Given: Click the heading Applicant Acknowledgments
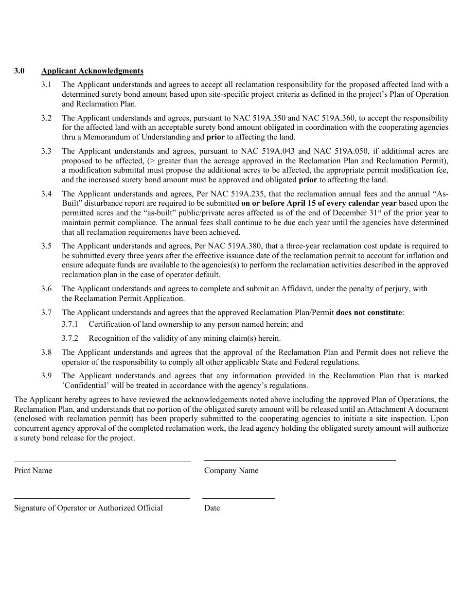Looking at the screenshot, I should tap(92, 71).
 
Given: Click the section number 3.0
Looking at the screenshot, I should tap(19, 71).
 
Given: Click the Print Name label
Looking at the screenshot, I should tap(33, 471).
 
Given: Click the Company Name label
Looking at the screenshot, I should tap(231, 471).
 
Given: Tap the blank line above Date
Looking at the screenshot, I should tap(238, 498).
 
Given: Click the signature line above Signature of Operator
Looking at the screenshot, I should tap(102, 498).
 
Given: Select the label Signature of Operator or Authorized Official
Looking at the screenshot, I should tap(89, 508).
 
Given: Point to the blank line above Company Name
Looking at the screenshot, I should tap(300, 460).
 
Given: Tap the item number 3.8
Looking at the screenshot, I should tap(46, 352).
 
